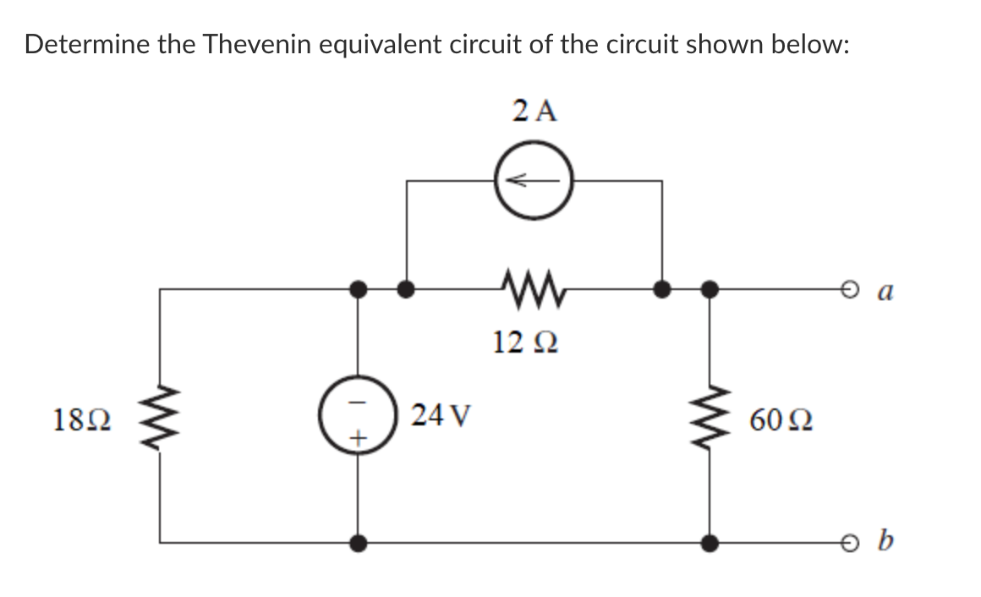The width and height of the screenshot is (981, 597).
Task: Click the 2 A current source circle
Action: point(534,180)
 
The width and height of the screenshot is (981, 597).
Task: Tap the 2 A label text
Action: point(535,111)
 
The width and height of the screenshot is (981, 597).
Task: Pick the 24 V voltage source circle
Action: point(359,416)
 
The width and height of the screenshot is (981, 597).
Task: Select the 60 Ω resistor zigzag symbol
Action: point(710,415)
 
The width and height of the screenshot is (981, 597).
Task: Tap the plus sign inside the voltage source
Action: point(359,439)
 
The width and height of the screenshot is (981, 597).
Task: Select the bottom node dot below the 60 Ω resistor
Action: point(710,542)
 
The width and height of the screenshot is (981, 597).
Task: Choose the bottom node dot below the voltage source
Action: point(359,542)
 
